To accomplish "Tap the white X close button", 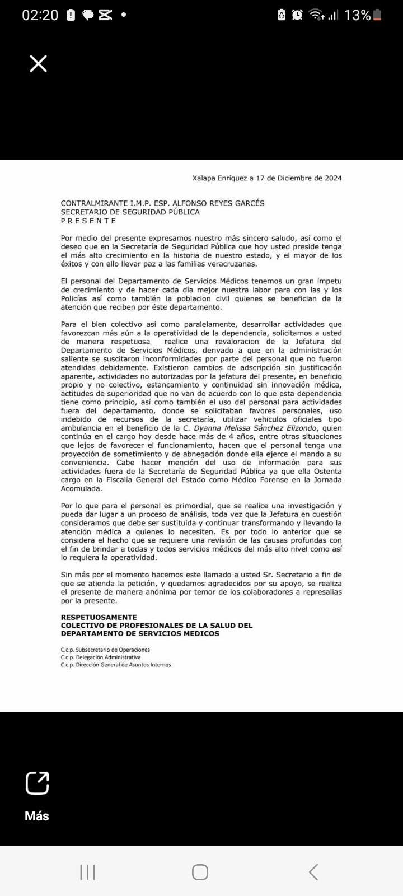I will (x=38, y=64).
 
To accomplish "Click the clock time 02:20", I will (x=40, y=15).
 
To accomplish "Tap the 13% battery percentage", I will (x=357, y=15).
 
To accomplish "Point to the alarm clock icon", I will (x=297, y=15).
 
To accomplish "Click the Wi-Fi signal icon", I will (x=317, y=15).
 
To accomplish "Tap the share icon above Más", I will (x=37, y=783).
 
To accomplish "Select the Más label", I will (x=37, y=816).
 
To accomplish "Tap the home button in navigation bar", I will (x=200, y=872).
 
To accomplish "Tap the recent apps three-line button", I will (x=88, y=872).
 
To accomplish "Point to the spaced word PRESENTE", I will (x=88, y=221).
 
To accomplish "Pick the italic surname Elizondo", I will (x=296, y=428).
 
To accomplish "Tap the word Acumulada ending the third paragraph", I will (x=82, y=488).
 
